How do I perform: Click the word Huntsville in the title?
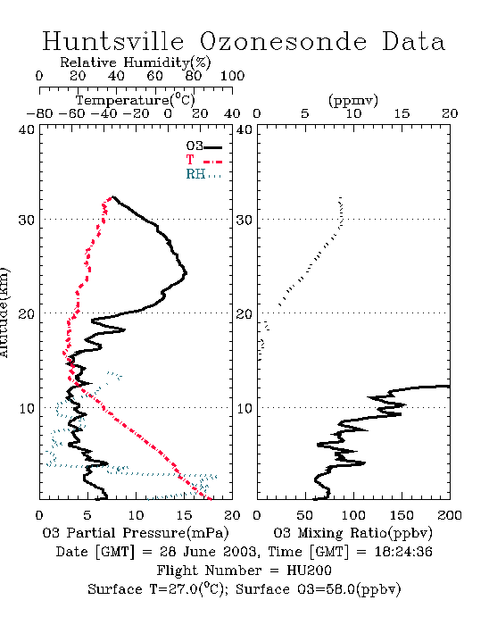coord(113,41)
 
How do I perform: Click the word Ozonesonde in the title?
coord(283,41)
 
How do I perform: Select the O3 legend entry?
coord(204,146)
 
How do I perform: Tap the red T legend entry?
coord(203,160)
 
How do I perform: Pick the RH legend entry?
coord(203,174)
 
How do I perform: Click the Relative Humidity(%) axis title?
coord(135,63)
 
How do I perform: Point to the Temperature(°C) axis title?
coord(135,100)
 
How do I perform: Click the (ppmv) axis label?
coord(353,100)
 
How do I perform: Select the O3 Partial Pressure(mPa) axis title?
coord(136,533)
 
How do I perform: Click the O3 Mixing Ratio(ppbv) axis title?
coord(352,533)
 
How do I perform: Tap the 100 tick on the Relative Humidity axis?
coord(232,76)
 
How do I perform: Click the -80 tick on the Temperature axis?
coord(39,114)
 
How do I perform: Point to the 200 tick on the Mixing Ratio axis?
coord(450,515)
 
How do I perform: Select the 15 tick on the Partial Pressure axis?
coord(184,515)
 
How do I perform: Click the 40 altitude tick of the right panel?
coord(244,130)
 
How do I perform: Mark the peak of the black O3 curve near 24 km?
coord(186,273)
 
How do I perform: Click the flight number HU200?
coord(309,571)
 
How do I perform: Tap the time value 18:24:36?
coord(403,552)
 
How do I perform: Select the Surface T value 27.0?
coord(182,589)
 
